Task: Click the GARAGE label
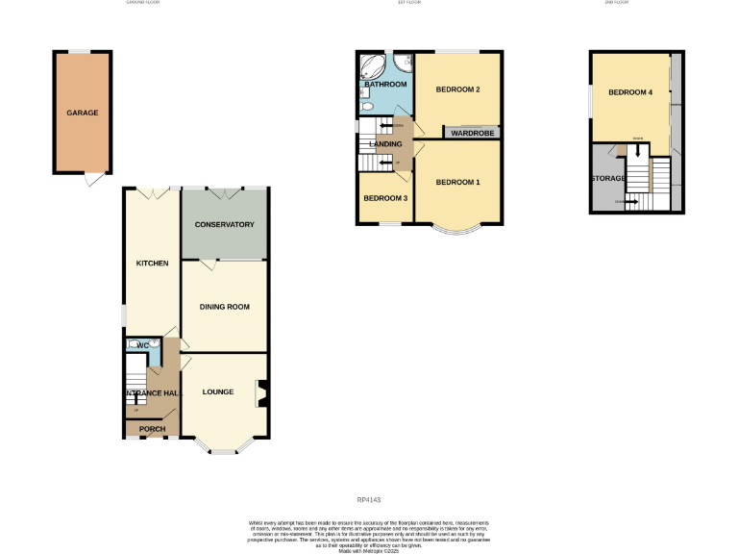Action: pos(82,113)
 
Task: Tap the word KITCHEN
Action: pos(152,263)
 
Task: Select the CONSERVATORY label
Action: pos(224,224)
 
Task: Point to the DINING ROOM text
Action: pos(224,307)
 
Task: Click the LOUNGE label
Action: pos(218,391)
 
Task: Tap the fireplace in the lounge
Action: pos(259,394)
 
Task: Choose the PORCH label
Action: pos(152,429)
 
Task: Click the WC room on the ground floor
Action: pos(142,345)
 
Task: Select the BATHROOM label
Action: pos(384,85)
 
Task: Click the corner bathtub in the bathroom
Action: pos(371,68)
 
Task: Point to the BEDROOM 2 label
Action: pos(457,89)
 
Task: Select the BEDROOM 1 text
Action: pos(457,182)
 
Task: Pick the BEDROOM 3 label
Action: pos(384,198)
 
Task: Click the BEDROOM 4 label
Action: pos(630,92)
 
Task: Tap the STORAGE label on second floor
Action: pos(607,178)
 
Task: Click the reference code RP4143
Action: pos(369,499)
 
